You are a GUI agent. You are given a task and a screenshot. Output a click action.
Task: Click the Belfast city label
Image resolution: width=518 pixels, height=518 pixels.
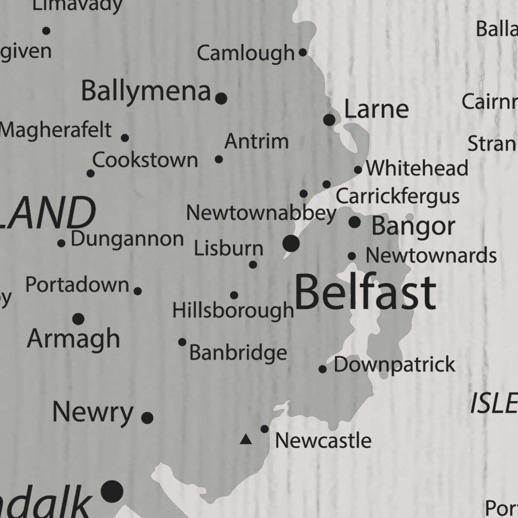click(x=365, y=293)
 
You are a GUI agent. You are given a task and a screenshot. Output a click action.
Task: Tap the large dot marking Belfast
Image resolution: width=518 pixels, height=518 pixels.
click(x=291, y=243)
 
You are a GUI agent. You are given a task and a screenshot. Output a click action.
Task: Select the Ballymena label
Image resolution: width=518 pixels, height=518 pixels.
click(x=146, y=91)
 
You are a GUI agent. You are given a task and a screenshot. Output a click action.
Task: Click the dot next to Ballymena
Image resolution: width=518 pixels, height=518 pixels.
click(x=221, y=98)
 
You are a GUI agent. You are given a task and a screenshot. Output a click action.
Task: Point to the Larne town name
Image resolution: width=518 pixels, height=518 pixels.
click(x=376, y=109)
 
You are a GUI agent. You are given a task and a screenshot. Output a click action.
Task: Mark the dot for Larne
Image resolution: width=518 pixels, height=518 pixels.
click(x=329, y=120)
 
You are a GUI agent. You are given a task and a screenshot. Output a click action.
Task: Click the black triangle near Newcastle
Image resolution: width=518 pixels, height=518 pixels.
click(x=246, y=440)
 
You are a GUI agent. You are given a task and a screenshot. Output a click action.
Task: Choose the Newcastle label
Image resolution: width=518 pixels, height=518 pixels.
click(x=323, y=441)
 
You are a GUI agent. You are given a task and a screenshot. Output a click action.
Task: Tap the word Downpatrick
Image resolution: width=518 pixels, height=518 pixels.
click(x=394, y=365)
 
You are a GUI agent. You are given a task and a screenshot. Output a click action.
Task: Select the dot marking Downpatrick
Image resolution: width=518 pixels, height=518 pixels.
click(x=322, y=369)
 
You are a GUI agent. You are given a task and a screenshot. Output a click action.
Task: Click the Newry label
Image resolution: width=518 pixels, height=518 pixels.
click(x=92, y=413)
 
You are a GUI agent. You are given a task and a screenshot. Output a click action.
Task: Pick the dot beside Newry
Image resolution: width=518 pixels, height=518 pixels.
click(x=147, y=417)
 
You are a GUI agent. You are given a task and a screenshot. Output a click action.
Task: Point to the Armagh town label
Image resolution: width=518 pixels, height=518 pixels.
click(x=73, y=338)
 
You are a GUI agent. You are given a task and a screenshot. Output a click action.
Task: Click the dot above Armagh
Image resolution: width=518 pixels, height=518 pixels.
click(x=78, y=319)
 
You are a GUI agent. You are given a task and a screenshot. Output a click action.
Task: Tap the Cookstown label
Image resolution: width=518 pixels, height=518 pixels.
click(x=145, y=160)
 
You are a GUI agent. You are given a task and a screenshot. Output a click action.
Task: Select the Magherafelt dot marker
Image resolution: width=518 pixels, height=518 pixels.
click(x=125, y=138)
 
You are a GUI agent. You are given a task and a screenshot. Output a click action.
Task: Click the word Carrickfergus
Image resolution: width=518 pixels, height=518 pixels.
click(x=398, y=196)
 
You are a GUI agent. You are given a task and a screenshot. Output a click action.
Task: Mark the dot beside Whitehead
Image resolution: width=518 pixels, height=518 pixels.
click(x=358, y=170)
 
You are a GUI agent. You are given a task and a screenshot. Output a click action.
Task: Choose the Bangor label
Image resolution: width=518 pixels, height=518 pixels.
click(x=413, y=226)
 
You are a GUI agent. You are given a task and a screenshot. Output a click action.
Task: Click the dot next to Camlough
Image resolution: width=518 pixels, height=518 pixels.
click(x=303, y=53)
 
